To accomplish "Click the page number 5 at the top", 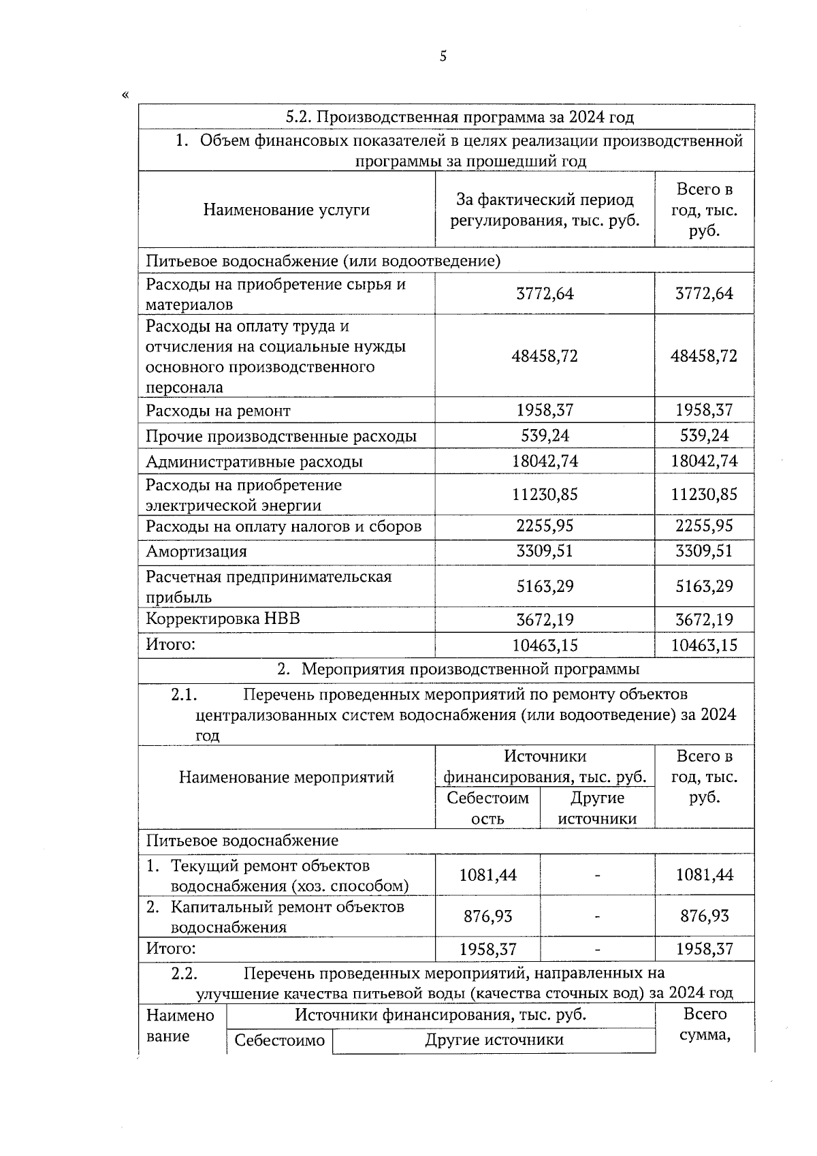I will click(443, 57).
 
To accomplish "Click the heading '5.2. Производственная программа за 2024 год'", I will click(460, 117).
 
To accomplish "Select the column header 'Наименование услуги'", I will click(286, 210).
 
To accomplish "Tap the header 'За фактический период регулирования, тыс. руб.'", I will click(545, 210).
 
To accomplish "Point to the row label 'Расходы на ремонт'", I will click(218, 411).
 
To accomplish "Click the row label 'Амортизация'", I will click(196, 552).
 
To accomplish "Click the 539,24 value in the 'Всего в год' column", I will click(704, 436).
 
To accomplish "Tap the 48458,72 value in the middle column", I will click(545, 356).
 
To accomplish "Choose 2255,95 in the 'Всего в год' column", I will click(704, 526).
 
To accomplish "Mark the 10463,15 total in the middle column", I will click(545, 645).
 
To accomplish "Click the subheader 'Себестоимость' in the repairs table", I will click(487, 808).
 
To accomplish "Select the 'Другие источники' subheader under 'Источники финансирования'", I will click(597, 808).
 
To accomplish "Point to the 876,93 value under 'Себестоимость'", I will click(487, 916).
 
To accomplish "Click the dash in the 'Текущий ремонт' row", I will click(597, 875).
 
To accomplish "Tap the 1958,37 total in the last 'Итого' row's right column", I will click(704, 949).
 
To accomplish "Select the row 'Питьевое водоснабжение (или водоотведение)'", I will click(323, 261).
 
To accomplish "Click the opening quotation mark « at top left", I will click(125, 95).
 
